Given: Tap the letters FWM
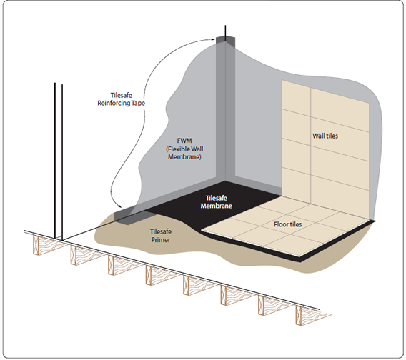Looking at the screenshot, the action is click(x=184, y=141).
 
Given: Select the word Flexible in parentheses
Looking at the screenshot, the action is click(x=179, y=149).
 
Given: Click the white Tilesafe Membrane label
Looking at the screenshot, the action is click(x=216, y=202).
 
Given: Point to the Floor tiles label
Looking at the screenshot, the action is click(x=287, y=224).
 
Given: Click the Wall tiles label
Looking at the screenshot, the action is click(x=325, y=136).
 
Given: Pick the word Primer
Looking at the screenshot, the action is click(x=161, y=240).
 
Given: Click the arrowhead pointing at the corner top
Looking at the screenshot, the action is click(x=213, y=39).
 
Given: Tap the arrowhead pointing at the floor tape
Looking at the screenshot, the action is click(x=119, y=206).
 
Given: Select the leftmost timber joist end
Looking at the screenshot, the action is click(x=36, y=245).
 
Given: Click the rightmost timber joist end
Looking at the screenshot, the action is click(x=299, y=315).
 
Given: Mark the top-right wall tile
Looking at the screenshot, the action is click(x=355, y=114).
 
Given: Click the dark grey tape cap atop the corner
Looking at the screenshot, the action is click(x=226, y=42).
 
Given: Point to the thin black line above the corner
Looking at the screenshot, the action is click(x=225, y=34).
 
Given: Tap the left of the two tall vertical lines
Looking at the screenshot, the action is click(x=54, y=161).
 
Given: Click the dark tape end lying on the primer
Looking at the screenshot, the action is click(x=127, y=217).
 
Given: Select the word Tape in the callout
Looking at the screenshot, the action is click(x=138, y=103).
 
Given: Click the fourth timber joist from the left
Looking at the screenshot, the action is click(x=149, y=275).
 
